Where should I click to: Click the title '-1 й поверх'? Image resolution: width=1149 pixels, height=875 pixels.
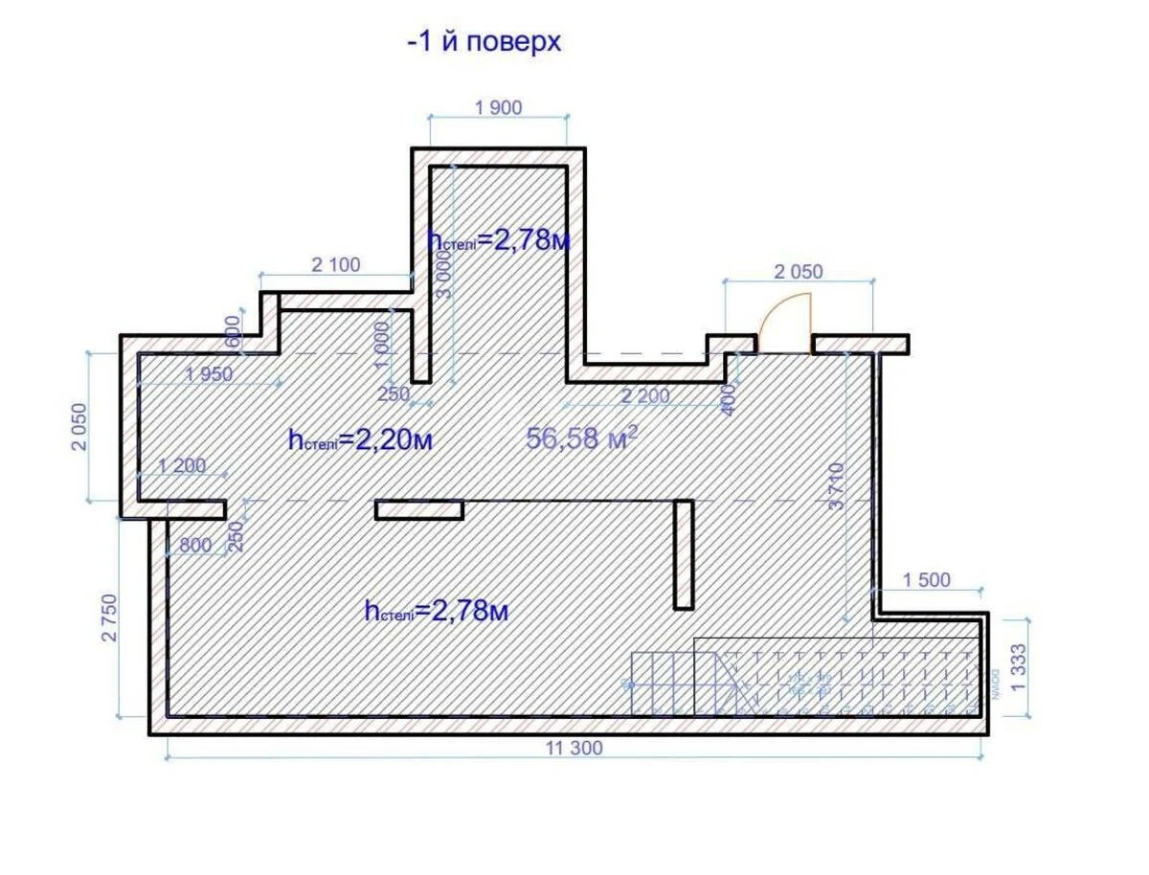(484, 43)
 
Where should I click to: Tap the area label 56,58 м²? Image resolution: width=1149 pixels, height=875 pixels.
(582, 438)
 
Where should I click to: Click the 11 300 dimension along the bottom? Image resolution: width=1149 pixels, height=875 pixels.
(574, 749)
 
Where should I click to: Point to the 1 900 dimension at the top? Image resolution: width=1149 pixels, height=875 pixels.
(498, 107)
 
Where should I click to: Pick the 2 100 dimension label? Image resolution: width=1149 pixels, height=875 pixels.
(336, 265)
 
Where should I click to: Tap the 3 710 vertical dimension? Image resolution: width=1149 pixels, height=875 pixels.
(838, 486)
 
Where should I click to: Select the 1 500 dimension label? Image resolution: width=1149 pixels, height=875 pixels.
(927, 580)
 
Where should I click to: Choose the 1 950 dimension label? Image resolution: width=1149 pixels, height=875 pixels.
(209, 374)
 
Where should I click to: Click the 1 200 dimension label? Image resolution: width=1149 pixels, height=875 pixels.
(182, 466)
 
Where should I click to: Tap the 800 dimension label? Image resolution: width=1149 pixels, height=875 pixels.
(195, 546)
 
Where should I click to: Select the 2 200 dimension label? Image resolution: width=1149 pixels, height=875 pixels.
(645, 395)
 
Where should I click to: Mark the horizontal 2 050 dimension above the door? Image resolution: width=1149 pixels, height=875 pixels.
(798, 272)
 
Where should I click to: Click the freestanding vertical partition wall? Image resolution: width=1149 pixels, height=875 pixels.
(684, 553)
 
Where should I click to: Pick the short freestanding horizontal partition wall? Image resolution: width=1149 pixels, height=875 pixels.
(419, 510)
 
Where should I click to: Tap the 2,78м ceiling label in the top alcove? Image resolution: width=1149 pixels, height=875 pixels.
(500, 239)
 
